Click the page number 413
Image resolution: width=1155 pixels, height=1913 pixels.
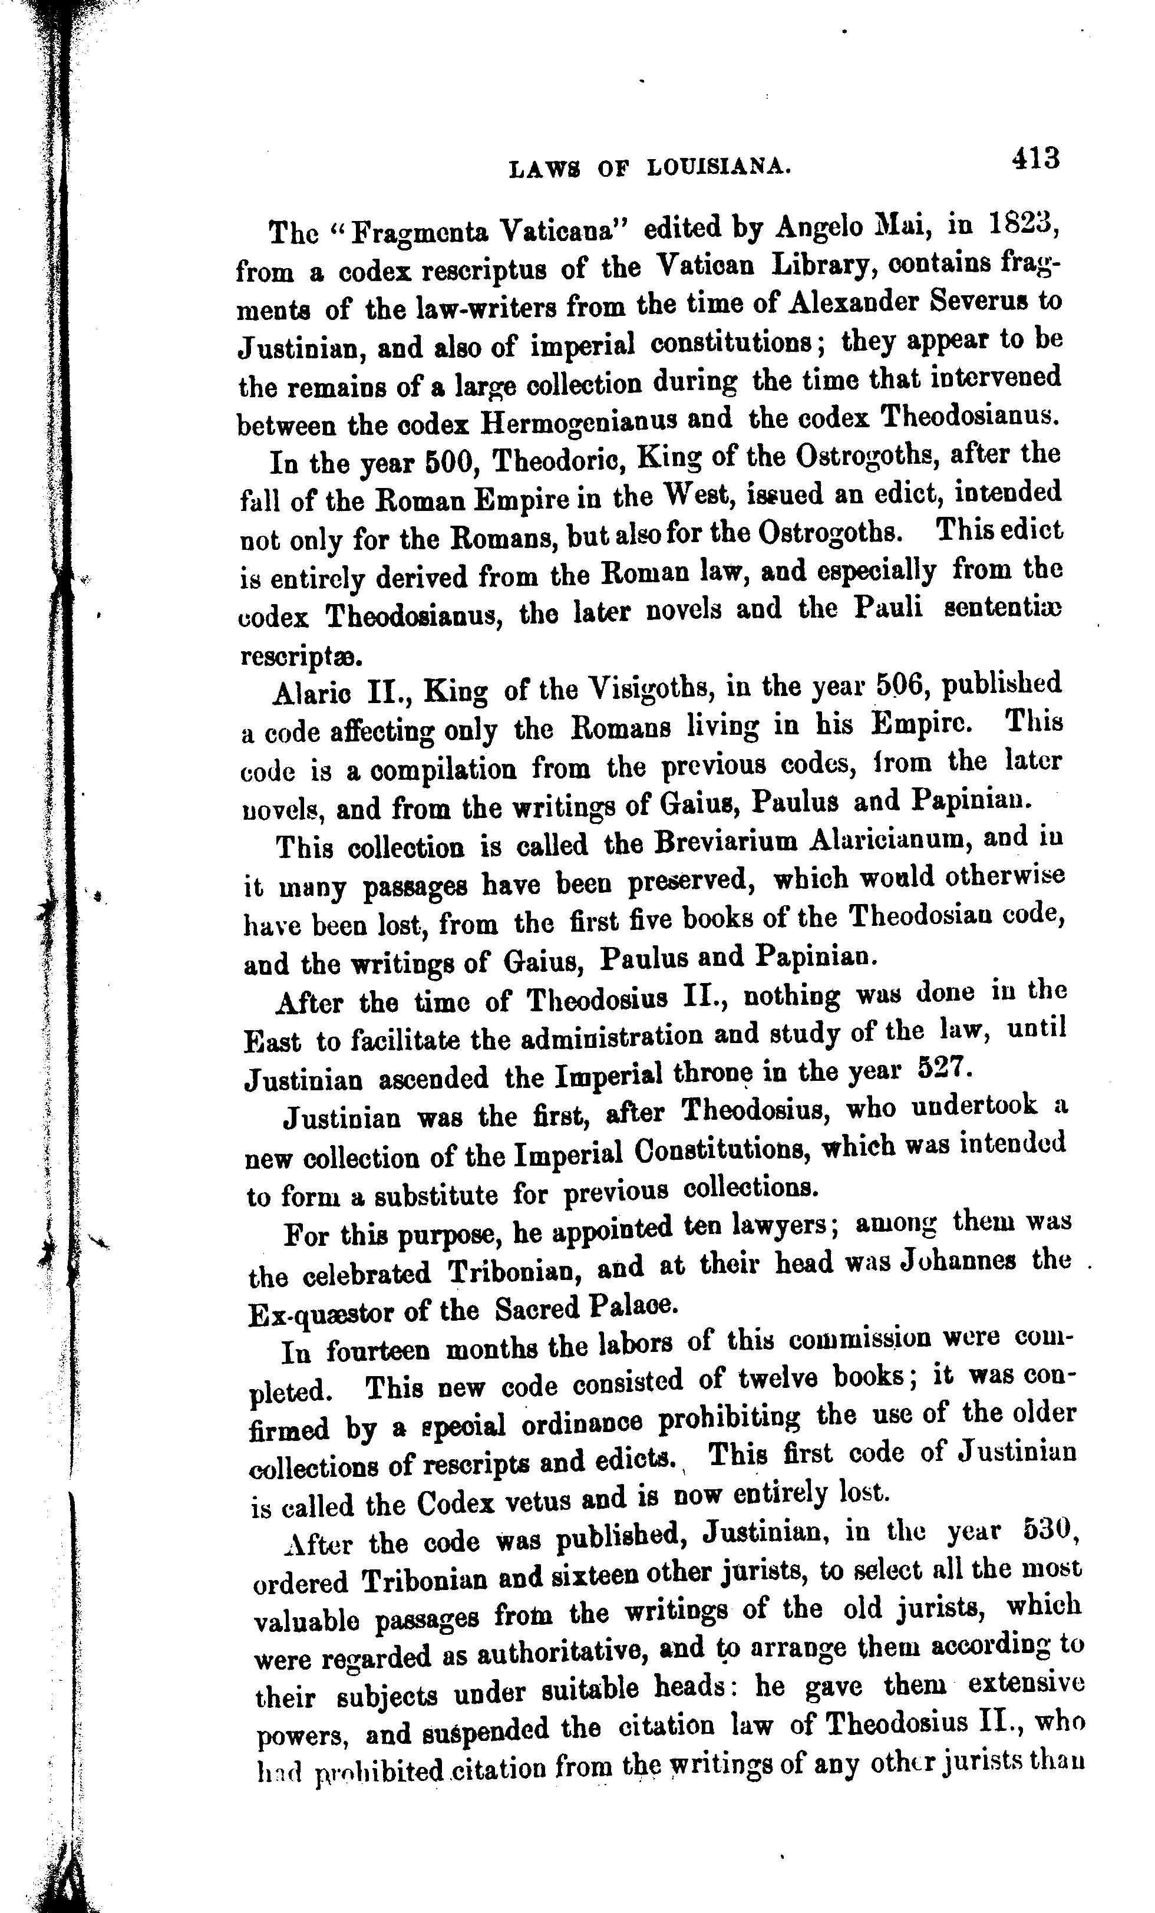(1035, 159)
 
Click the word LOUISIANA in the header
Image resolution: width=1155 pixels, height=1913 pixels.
(719, 166)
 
